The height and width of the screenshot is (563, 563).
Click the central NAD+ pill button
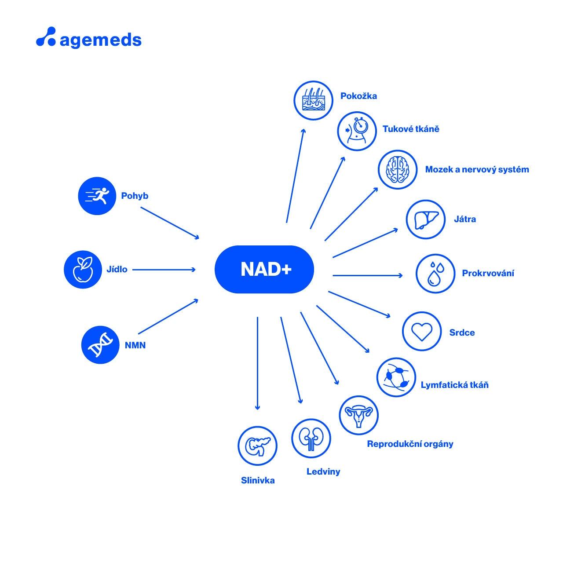coord(264,269)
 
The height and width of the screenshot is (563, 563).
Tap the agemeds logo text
coord(100,40)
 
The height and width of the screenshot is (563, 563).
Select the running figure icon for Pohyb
coord(97,196)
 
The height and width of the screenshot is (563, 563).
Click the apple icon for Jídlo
coord(83,269)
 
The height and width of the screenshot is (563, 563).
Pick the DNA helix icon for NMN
coord(101,345)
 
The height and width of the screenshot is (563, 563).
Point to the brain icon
coord(397,169)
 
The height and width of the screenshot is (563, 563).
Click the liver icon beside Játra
coord(425,219)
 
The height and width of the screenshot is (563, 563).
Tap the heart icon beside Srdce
coord(421,332)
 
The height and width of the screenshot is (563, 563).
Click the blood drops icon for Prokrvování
coord(435,274)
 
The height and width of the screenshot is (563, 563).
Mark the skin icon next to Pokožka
coord(313,100)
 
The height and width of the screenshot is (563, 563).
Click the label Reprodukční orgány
coord(410,444)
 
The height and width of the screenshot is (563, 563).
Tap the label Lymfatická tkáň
coord(454,385)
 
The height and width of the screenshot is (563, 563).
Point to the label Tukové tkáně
coord(411,129)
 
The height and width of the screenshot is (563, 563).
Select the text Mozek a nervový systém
coord(477,169)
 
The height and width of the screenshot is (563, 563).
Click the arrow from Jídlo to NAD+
coord(164,270)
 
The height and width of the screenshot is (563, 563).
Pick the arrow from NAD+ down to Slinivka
coord(257,363)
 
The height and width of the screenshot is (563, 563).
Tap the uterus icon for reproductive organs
coord(358,415)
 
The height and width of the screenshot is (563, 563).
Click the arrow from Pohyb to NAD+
coord(170,223)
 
